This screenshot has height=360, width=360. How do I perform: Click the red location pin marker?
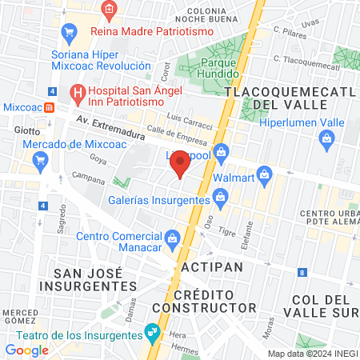pos(180,163)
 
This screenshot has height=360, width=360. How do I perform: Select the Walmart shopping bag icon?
pos(265,174)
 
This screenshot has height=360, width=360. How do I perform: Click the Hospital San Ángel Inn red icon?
pos(78,93)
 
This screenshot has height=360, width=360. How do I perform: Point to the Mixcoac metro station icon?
pos(49,107)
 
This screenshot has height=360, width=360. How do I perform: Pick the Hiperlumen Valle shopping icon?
pos(326,139)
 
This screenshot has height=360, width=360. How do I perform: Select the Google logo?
pos(26,350)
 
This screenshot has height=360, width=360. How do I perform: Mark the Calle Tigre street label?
pos(228,232)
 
